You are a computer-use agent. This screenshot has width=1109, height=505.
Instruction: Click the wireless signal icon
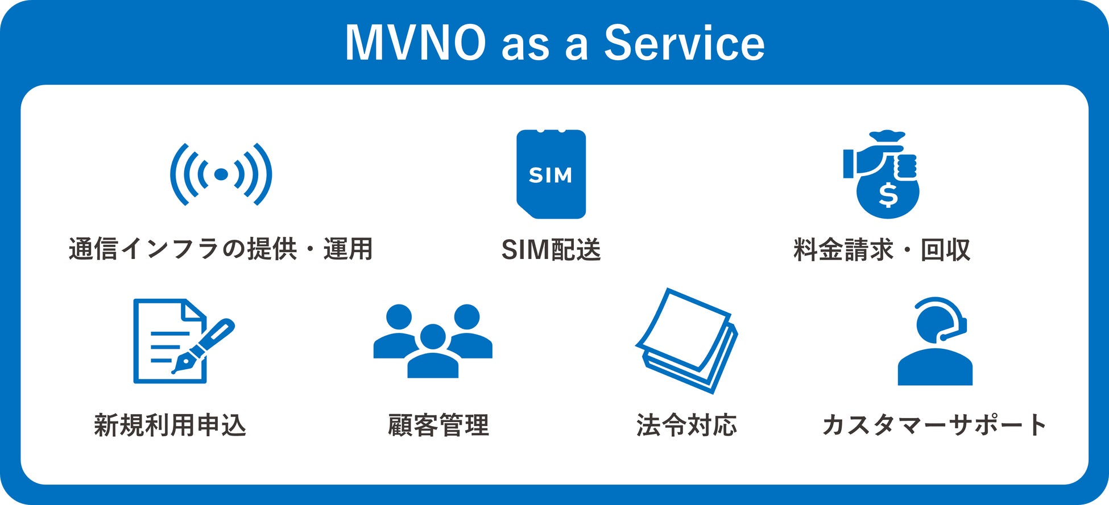(221, 174)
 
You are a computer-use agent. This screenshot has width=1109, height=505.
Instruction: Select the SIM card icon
(551, 174)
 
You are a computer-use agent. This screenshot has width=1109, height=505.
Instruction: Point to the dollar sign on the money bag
(888, 195)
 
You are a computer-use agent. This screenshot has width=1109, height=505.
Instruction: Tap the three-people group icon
(433, 341)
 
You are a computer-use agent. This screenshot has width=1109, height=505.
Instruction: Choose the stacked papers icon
(687, 341)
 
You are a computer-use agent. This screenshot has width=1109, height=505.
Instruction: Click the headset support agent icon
(935, 341)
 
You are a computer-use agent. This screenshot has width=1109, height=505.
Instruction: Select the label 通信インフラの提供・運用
(221, 249)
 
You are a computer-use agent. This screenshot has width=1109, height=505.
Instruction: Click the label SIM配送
(551, 250)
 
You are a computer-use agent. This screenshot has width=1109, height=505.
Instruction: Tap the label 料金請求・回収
(882, 250)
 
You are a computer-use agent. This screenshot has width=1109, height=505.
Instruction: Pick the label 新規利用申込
(170, 425)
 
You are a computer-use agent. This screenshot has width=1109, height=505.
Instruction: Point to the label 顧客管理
(438, 425)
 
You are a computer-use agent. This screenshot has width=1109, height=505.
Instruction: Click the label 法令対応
(686, 425)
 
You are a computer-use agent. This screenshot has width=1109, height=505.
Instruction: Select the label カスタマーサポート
(934, 425)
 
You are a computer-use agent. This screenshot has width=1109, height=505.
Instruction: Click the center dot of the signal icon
(221, 174)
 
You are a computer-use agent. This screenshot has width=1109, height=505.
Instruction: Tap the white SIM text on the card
(551, 175)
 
